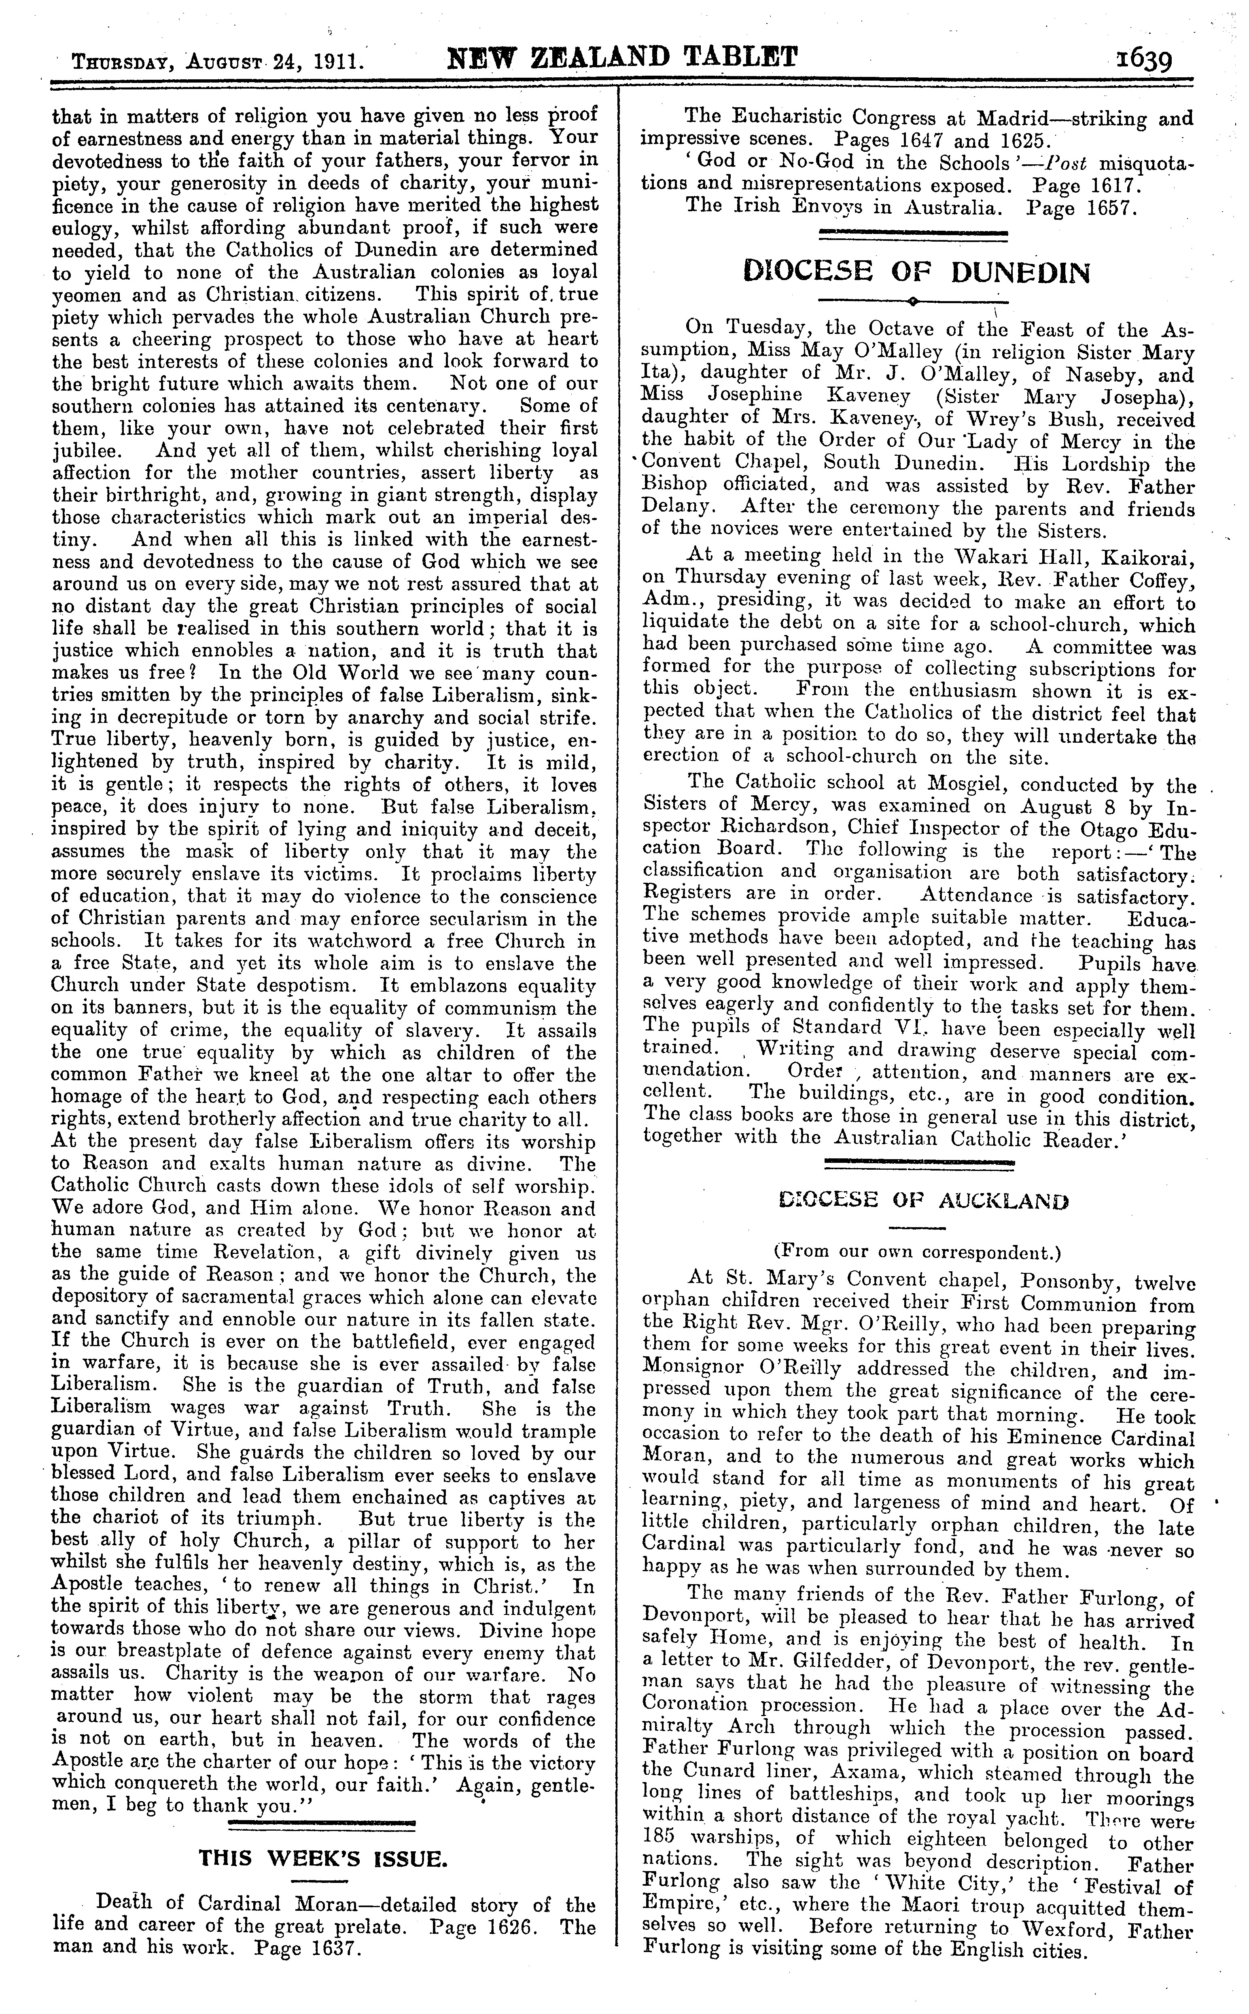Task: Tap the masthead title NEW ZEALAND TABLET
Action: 622,58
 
